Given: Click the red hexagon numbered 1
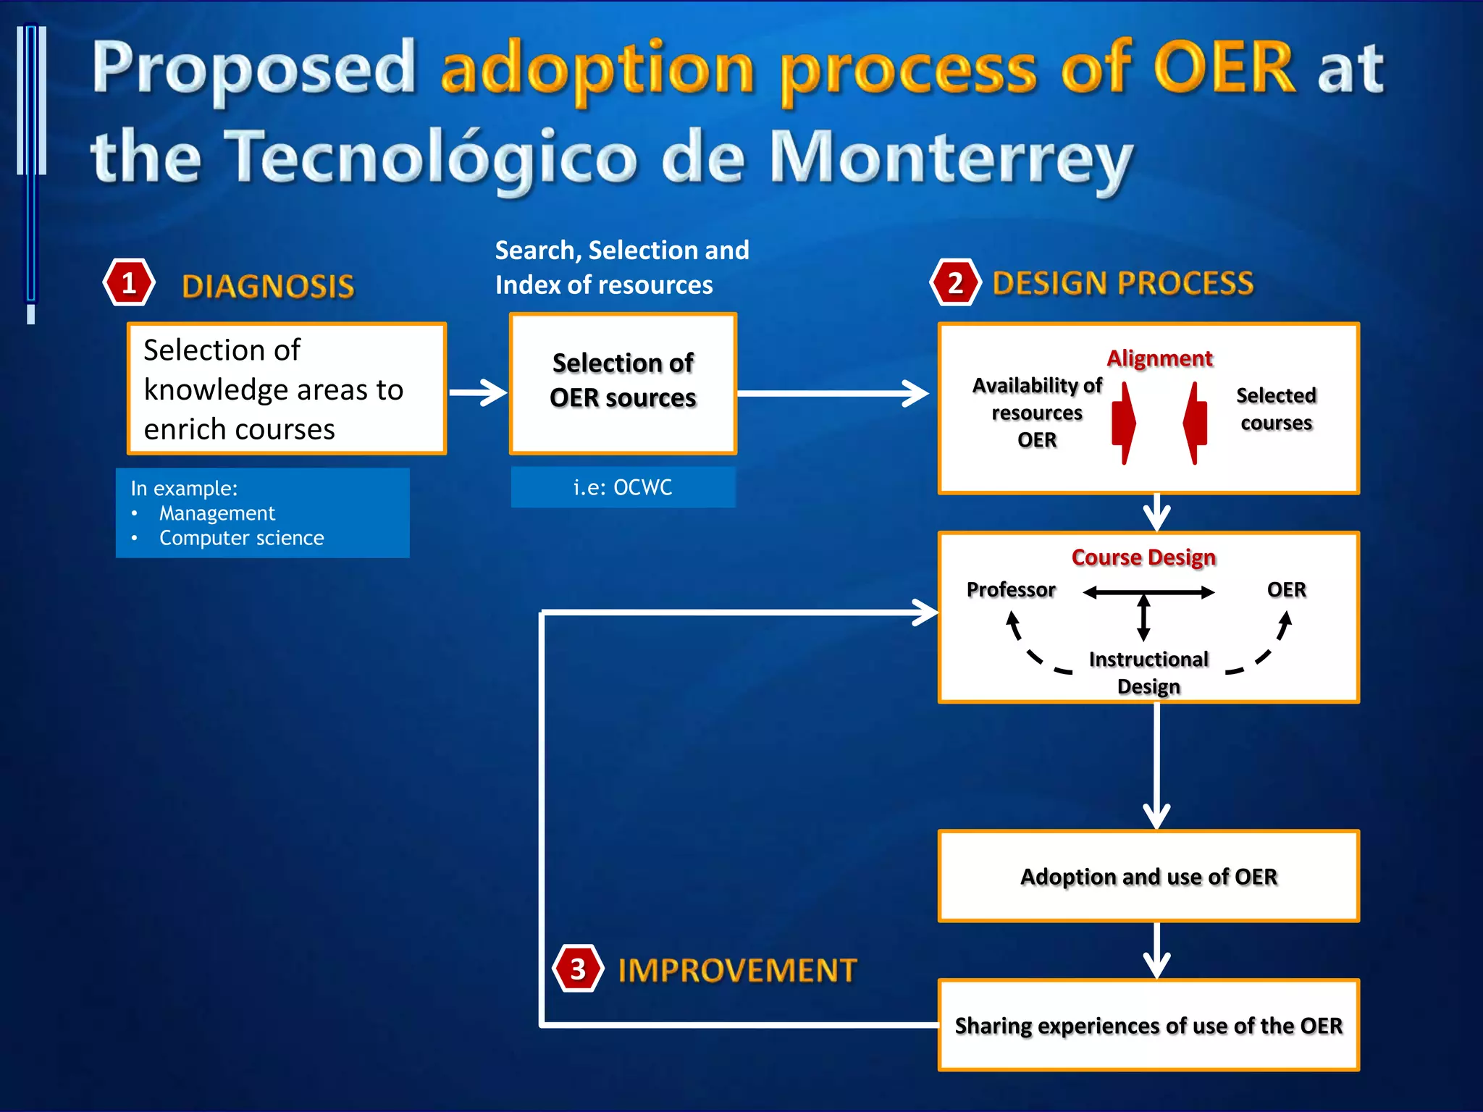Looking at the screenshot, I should [129, 283].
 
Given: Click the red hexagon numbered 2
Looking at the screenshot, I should [955, 283].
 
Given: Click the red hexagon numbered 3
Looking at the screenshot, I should [577, 969].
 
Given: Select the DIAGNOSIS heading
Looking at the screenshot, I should [268, 287].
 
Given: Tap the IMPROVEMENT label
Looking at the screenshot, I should [737, 970].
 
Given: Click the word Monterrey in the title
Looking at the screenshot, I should [951, 158].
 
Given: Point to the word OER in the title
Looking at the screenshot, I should [1224, 68].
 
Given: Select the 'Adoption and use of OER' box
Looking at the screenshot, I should [1148, 876].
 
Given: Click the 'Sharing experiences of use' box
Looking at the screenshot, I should [1148, 1025].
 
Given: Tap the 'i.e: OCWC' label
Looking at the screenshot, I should [623, 487].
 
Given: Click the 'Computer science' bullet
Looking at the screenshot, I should [241, 538].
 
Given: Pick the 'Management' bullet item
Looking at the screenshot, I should [217, 513].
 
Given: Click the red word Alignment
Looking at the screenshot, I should [1159, 358].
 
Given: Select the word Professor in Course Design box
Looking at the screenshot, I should [1011, 590].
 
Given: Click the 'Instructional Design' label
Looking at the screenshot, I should [1148, 673].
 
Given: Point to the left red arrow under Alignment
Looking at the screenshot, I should [1123, 423].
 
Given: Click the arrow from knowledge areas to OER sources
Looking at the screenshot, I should [478, 393].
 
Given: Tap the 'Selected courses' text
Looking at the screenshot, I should [1276, 409].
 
